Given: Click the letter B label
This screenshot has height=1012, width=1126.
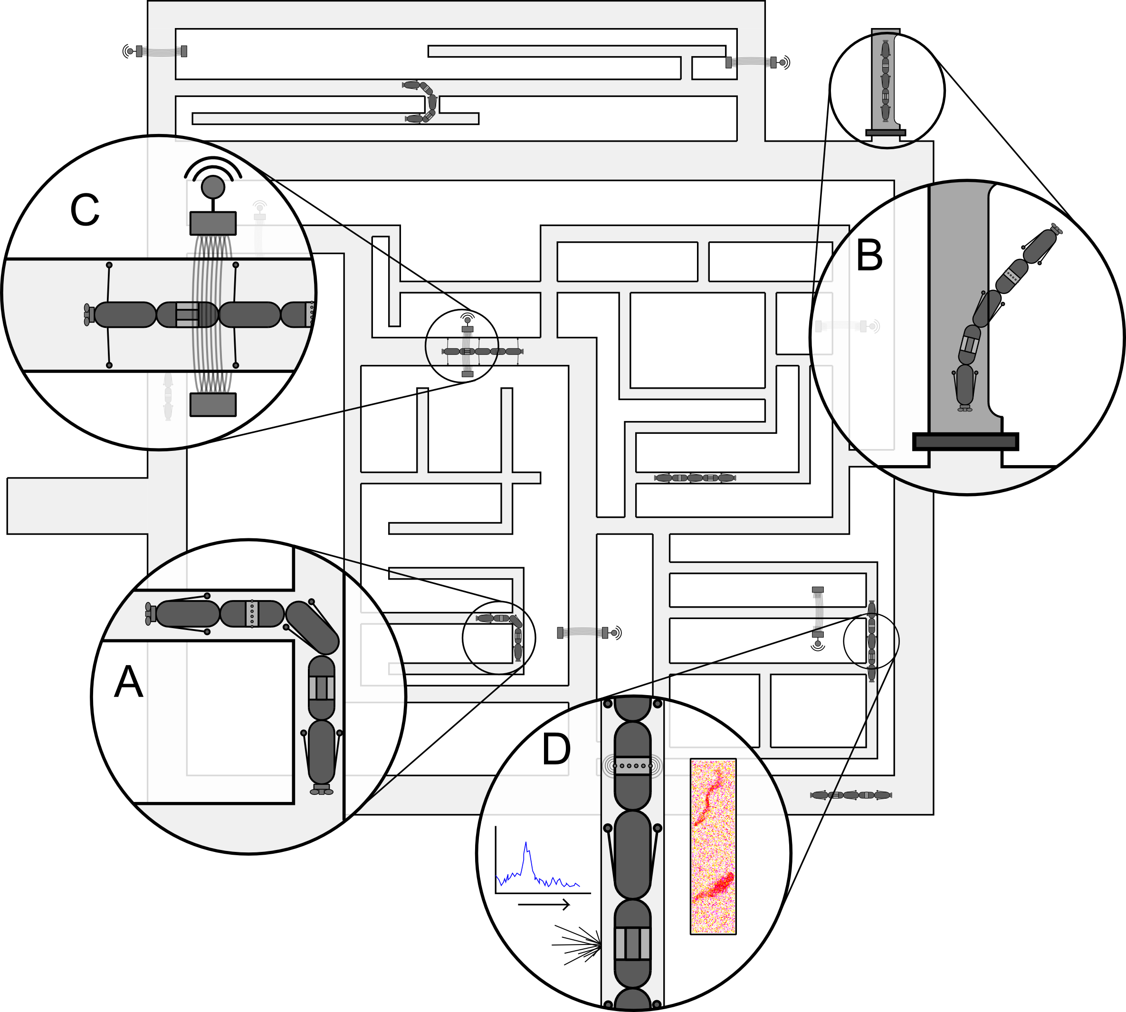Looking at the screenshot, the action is pos(869,255).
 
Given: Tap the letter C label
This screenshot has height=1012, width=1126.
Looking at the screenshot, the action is pos(85,210).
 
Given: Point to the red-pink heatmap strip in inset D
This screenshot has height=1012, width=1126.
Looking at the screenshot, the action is pos(713,846).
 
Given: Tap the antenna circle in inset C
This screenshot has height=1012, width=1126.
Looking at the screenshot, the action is pos(213,187).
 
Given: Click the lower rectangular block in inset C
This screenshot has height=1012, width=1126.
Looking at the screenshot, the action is pos(213,404).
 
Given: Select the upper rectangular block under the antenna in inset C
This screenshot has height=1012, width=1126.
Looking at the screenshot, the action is pos(213,223).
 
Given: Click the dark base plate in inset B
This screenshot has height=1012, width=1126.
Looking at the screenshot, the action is pos(965,441).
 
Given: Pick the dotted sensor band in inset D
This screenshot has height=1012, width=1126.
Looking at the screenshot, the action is pos(632,766).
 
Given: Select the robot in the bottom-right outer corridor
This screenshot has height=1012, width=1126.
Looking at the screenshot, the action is pos(851,795).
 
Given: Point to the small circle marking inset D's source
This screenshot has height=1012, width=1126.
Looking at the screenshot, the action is pos(871,641).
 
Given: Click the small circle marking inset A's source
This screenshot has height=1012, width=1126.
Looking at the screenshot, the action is pos(499,638).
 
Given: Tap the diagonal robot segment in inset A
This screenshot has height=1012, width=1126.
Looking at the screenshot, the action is pos(312,628).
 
